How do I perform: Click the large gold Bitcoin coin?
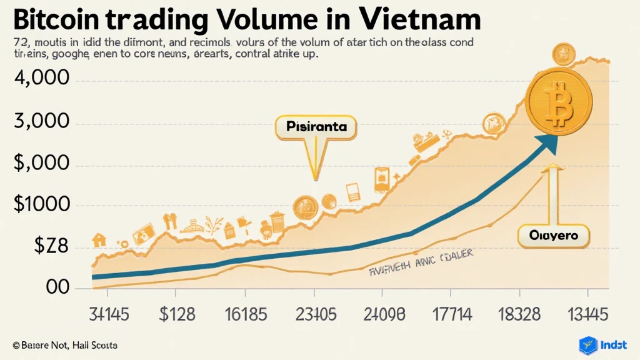click(x=558, y=101)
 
